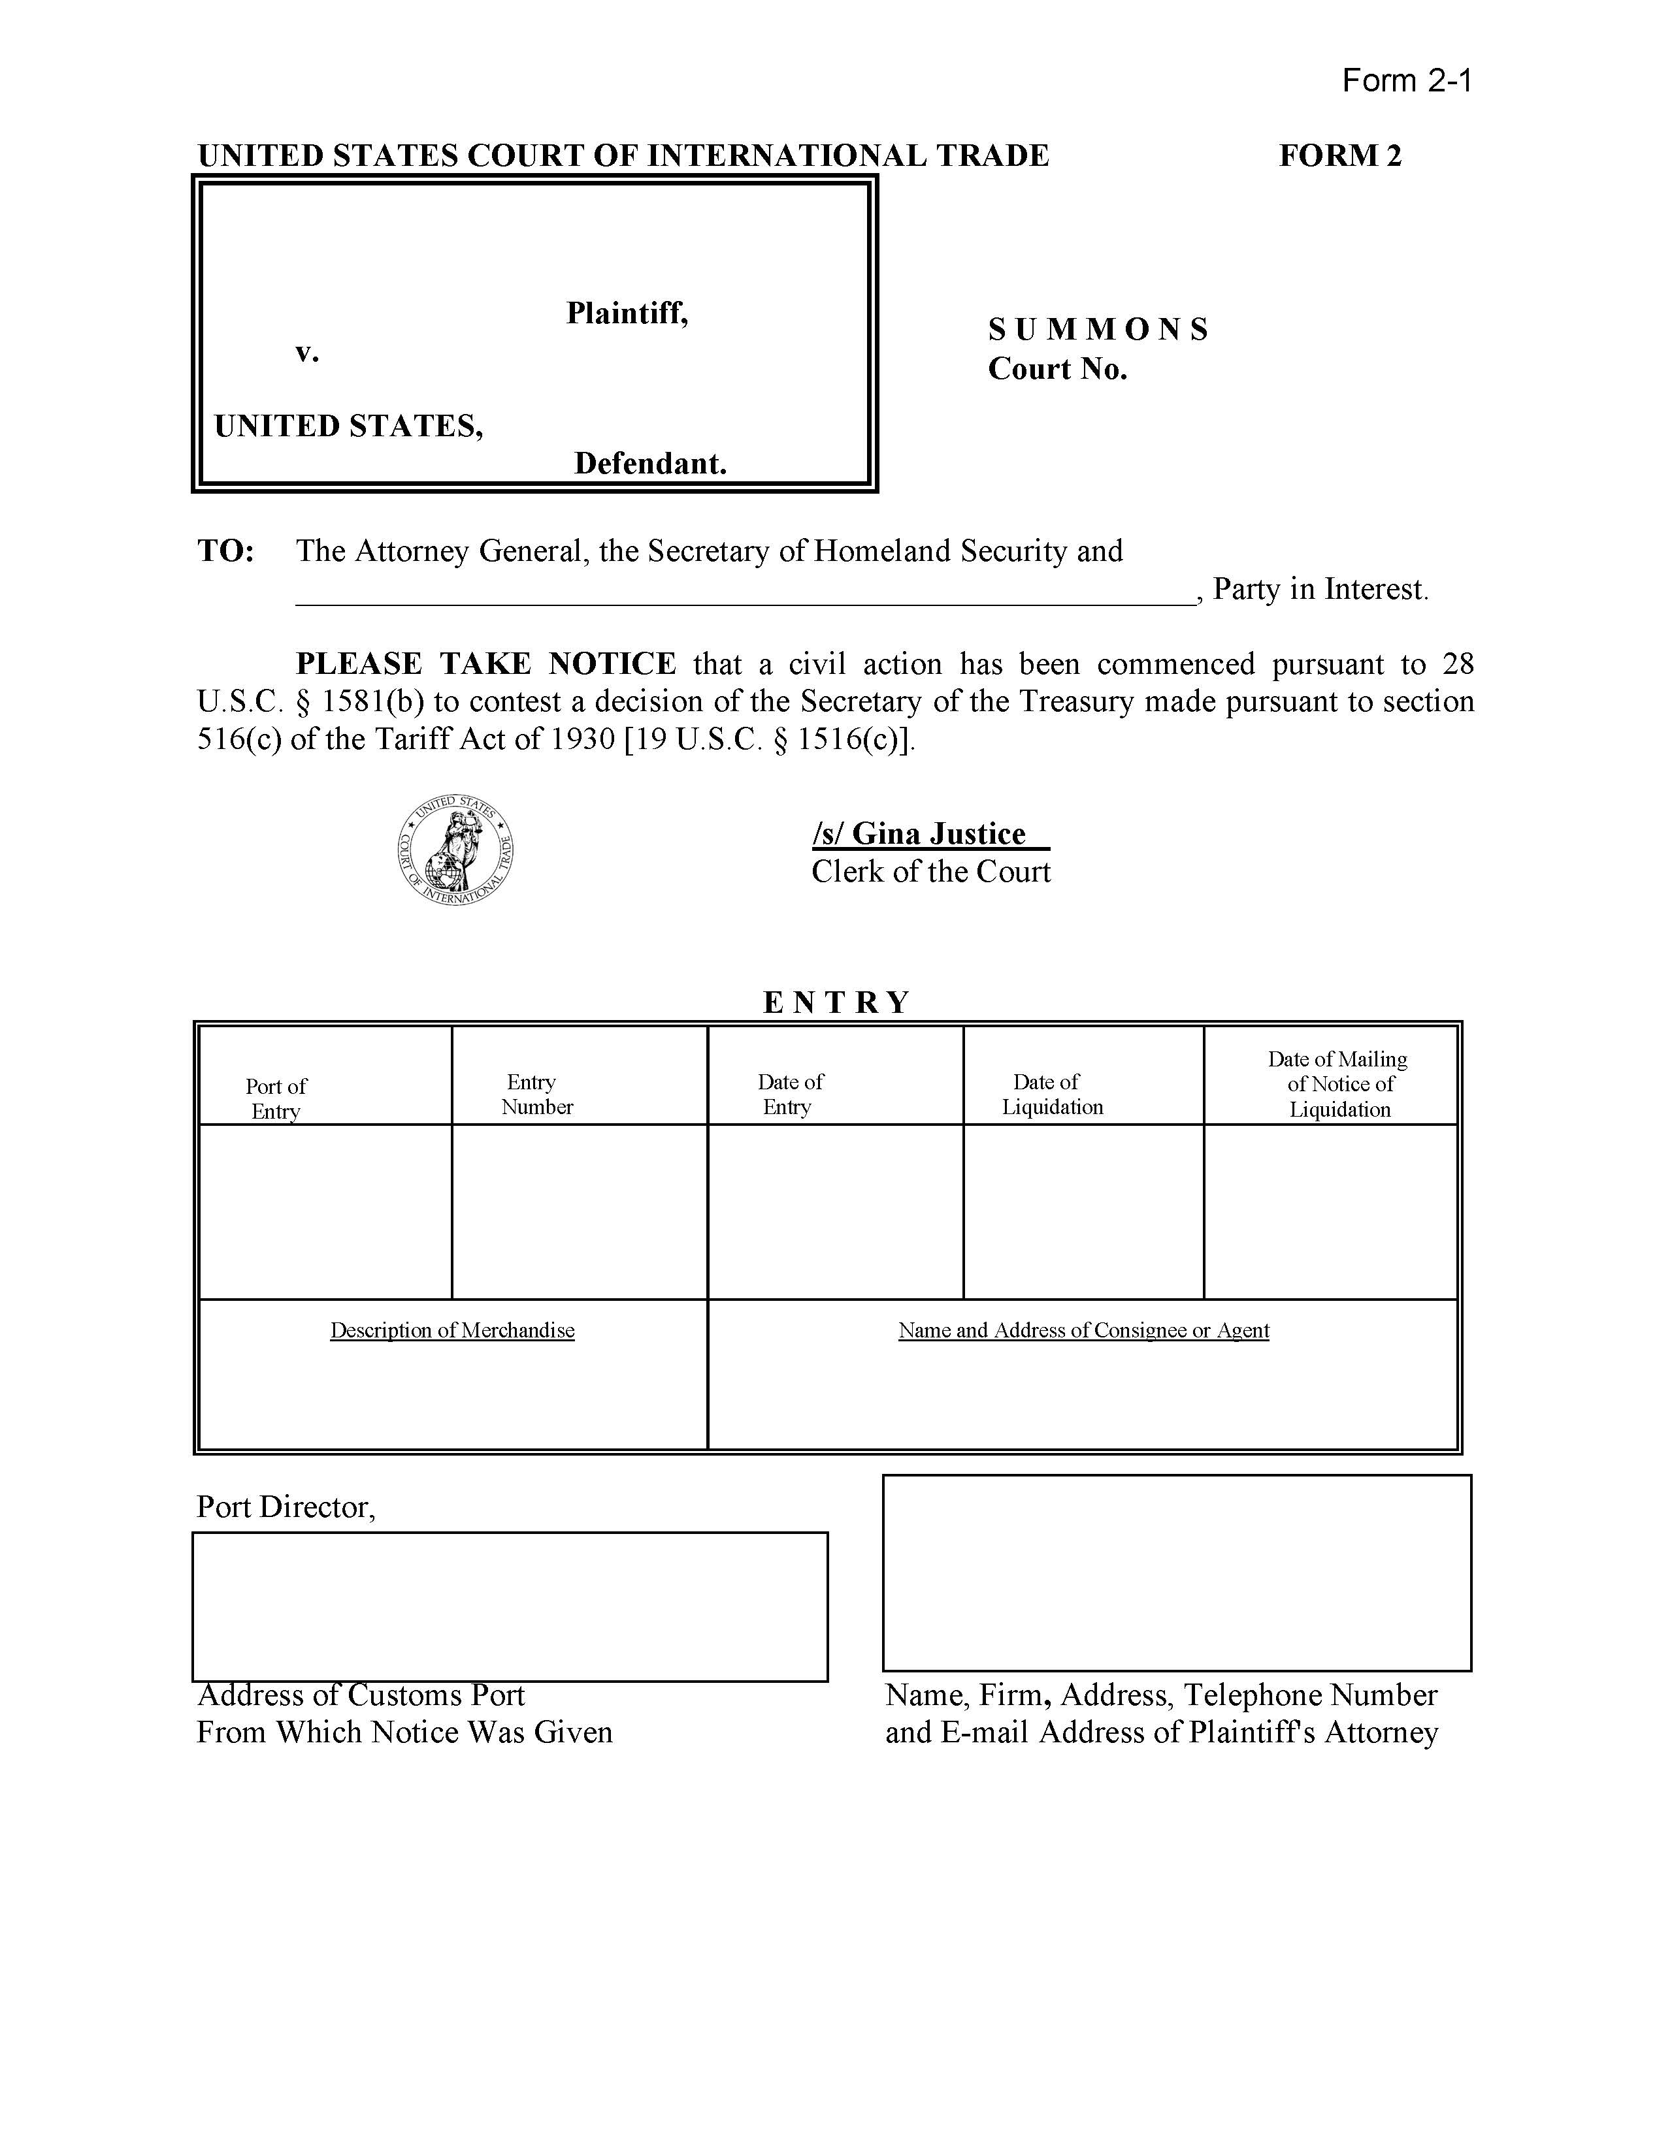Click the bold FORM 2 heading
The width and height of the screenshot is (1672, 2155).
pos(1339,156)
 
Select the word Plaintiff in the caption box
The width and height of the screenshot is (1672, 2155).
pos(627,313)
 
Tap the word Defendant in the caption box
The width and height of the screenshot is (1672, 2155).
pos(651,463)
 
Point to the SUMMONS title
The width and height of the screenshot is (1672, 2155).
pos(1098,330)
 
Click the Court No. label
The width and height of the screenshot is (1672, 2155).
pos(1057,369)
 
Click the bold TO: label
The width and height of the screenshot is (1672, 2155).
pos(226,551)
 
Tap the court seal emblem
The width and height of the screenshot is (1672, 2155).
pos(455,848)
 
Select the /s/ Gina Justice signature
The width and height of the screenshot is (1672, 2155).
pos(930,835)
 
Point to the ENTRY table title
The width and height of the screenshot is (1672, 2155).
pos(836,1002)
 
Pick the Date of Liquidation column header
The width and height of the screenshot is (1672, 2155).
pos(1052,1094)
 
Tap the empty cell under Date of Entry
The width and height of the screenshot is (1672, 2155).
pos(835,1211)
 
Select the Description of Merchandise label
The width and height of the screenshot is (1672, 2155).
pos(452,1330)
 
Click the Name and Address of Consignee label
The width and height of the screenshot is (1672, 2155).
pos(1083,1330)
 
